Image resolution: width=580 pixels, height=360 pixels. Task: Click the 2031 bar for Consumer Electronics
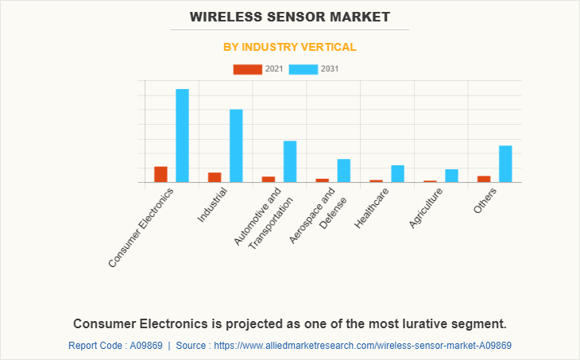click(x=182, y=135)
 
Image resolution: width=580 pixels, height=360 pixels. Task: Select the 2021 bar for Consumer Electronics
click(x=160, y=174)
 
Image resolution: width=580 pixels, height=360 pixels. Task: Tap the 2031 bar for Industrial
click(x=236, y=145)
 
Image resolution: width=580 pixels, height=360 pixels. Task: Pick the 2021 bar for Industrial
click(x=215, y=177)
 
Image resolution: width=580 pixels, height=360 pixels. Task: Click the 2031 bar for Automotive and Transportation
click(x=290, y=161)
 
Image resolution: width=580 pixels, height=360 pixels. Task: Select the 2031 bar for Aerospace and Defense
click(x=343, y=170)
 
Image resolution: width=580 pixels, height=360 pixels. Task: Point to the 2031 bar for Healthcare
click(x=397, y=173)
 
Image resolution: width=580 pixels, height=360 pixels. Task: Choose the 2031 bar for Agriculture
click(x=451, y=176)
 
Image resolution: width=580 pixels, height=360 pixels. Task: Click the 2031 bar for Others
click(x=505, y=164)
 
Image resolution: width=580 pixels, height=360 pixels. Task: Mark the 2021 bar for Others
click(x=484, y=179)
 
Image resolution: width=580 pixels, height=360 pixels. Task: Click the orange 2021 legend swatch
click(x=247, y=69)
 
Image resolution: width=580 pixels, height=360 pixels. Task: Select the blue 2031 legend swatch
click(x=304, y=69)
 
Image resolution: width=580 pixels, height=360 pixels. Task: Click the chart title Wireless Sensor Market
click(x=290, y=16)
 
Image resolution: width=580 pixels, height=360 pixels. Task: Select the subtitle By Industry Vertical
click(x=290, y=47)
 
